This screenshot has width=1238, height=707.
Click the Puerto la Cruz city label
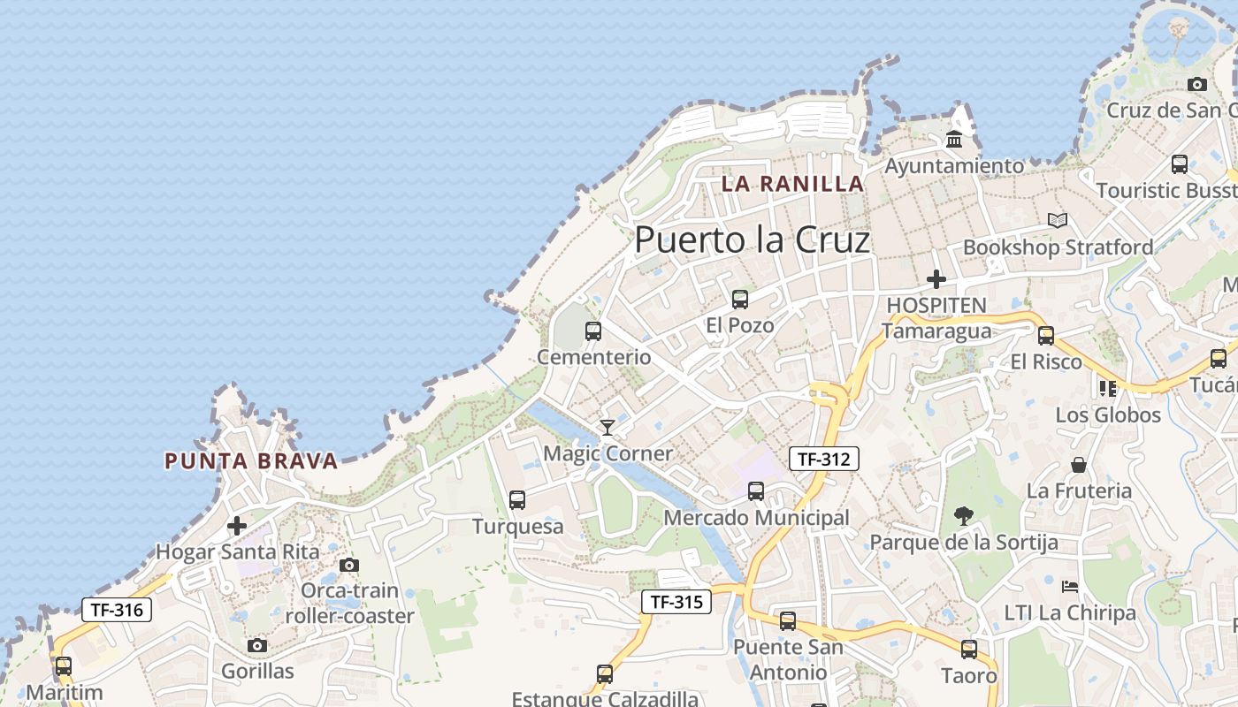[x=753, y=239]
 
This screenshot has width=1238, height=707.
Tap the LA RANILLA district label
[x=792, y=184]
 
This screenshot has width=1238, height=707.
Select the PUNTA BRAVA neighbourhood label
[x=251, y=460]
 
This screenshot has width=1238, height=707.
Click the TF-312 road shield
[x=823, y=459]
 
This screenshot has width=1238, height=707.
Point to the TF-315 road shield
[x=676, y=603]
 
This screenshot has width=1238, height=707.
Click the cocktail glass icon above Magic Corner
[x=608, y=428]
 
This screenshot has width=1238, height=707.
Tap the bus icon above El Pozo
[x=740, y=300]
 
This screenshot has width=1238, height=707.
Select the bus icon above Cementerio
[x=593, y=331]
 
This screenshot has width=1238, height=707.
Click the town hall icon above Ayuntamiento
[x=954, y=139]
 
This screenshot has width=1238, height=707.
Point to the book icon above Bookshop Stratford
[x=1058, y=220]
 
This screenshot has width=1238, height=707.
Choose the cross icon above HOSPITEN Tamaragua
[x=936, y=279]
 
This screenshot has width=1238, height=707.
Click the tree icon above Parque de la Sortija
[x=964, y=515]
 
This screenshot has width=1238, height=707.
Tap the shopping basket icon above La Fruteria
[x=1079, y=465]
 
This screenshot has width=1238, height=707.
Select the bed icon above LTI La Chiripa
[x=1070, y=586]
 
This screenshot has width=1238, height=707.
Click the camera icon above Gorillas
[x=257, y=646]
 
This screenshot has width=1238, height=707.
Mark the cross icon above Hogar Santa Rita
[x=237, y=526]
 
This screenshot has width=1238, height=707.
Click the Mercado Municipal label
[x=756, y=518]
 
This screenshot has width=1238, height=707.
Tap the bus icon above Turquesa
[x=517, y=500]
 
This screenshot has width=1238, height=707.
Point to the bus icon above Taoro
[x=969, y=650]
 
